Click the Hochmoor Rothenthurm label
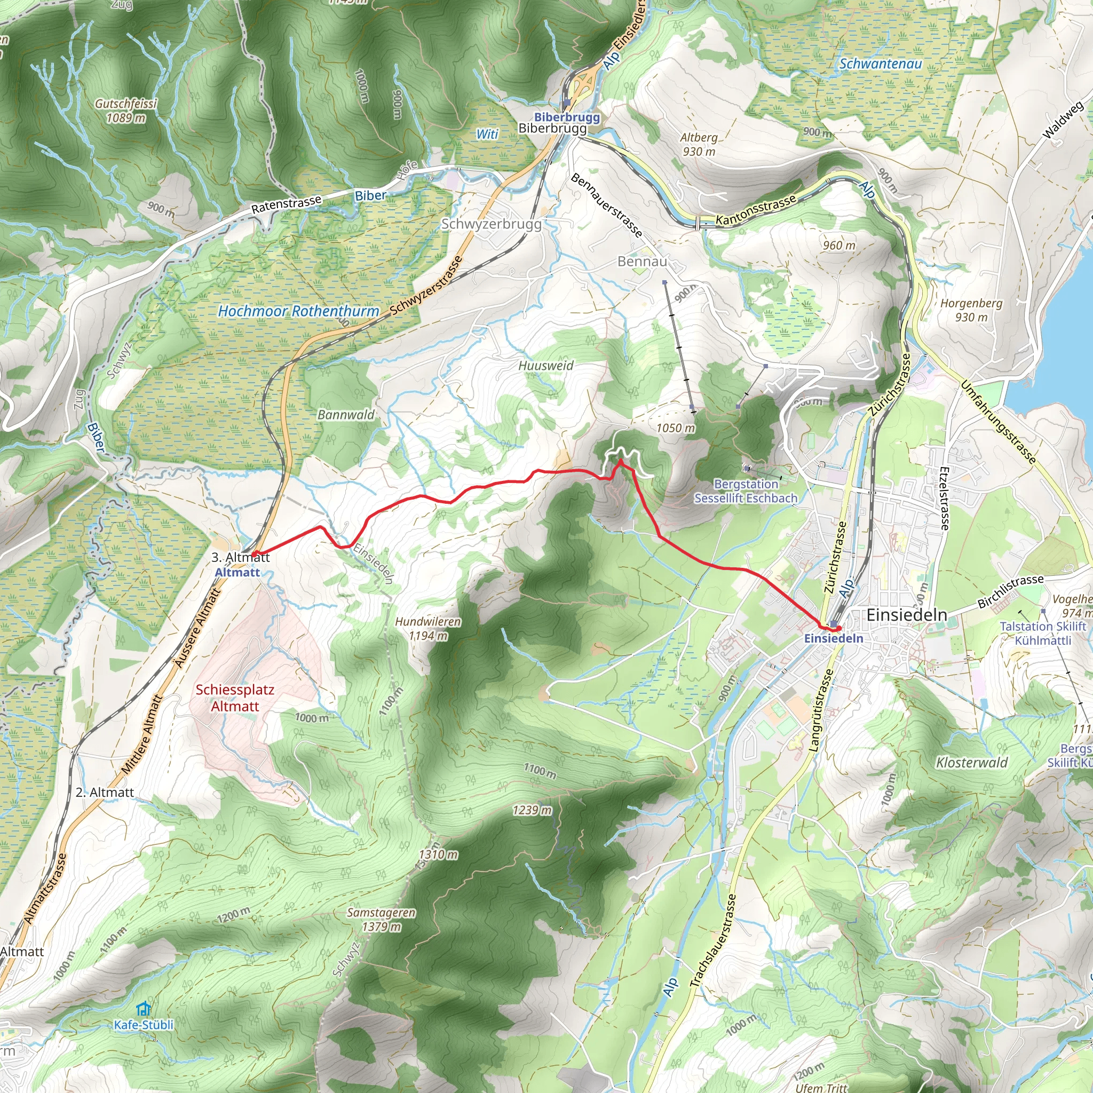298,311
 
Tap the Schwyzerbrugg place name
491,224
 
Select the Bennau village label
642,262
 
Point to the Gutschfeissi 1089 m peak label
125,111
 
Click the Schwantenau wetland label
880,64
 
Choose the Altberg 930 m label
699,144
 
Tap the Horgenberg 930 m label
971,310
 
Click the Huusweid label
546,366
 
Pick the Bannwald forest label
346,415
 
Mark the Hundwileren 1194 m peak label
427,629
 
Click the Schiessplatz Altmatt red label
235,698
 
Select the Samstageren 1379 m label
381,920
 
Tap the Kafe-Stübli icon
144,1009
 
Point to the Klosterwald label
972,763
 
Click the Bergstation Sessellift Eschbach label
746,491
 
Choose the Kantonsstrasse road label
756,210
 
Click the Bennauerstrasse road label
606,205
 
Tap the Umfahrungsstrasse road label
998,422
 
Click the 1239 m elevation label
532,810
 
